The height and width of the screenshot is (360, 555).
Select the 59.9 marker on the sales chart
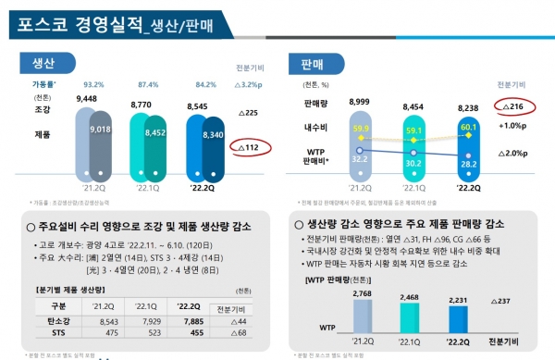pos(362,129)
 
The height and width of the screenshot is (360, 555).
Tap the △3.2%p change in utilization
pos(245,82)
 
